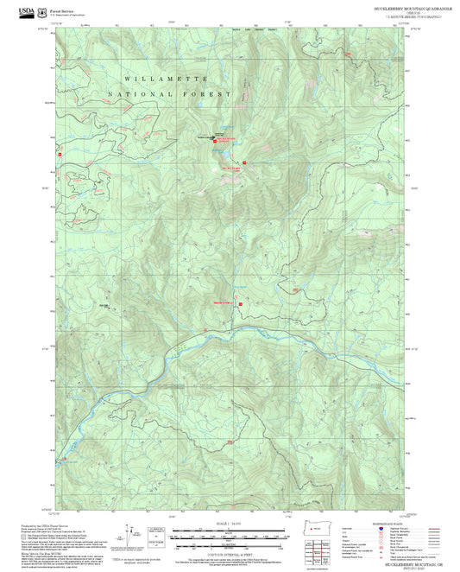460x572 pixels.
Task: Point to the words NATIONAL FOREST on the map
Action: pos(169,93)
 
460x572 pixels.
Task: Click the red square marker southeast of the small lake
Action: pos(245,162)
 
